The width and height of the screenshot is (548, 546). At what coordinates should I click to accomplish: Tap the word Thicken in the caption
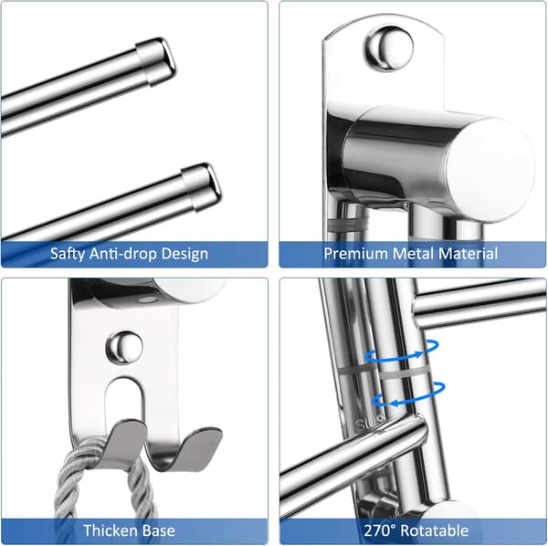(106, 530)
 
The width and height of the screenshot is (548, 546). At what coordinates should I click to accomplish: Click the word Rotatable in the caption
(434, 530)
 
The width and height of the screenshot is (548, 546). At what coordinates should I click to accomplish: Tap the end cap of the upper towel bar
(156, 61)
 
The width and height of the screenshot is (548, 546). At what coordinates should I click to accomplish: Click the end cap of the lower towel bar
(202, 187)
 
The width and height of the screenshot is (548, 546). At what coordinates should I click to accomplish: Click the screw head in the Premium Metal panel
(388, 48)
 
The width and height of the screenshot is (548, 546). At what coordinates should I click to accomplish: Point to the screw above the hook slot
(124, 347)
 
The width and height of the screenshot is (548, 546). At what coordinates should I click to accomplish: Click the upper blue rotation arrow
(402, 352)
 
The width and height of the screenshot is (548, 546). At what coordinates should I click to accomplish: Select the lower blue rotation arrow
(408, 395)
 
